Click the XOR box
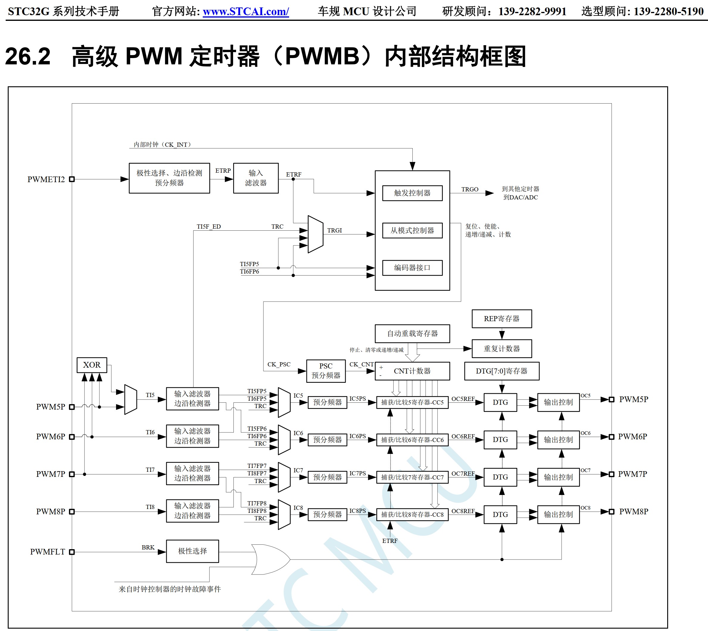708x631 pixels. (x=91, y=365)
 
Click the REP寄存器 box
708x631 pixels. (x=501, y=318)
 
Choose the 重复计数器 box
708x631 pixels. (x=501, y=349)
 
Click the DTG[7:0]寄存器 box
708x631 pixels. (x=501, y=371)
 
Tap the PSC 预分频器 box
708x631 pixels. (x=326, y=371)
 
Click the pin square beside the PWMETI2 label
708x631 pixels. (x=72, y=179)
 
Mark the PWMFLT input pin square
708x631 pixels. (x=72, y=552)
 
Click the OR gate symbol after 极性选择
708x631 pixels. (x=270, y=559)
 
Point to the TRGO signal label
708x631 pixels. (x=470, y=189)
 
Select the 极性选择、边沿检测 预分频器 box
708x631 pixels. (x=169, y=178)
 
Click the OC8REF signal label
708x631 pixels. (x=463, y=511)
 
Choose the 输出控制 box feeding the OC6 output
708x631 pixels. (x=558, y=440)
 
